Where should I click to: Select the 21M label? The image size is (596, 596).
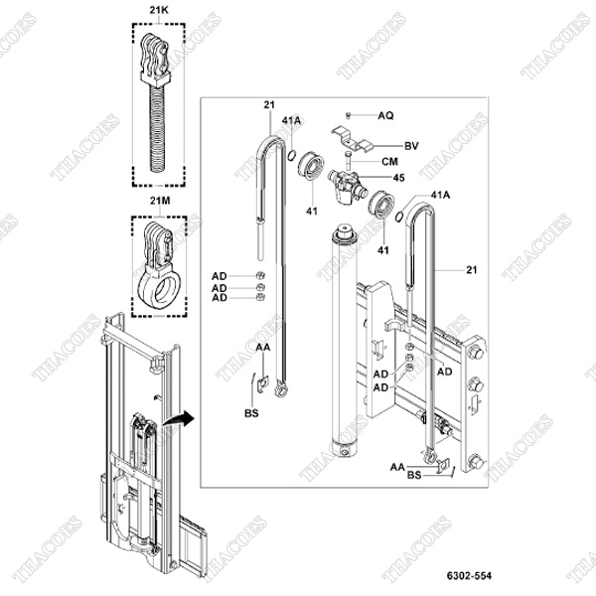pos(159,200)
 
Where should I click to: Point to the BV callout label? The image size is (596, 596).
pos(411,144)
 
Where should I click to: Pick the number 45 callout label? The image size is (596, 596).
pos(400,179)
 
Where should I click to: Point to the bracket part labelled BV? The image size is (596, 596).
pos(351,137)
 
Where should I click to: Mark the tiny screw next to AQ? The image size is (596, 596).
pos(351,117)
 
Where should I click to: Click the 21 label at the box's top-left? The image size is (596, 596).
pos(268,104)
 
